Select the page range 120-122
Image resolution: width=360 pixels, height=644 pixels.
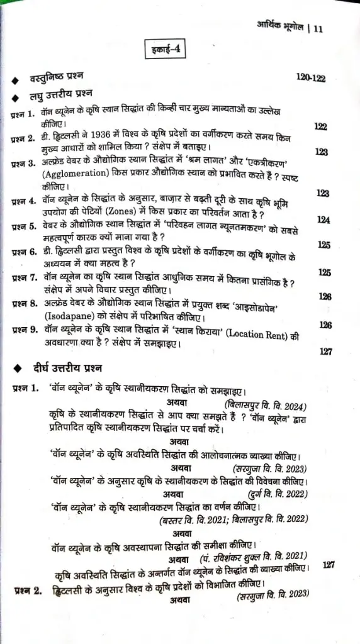(x=311, y=77)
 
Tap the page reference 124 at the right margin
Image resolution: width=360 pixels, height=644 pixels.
(x=324, y=220)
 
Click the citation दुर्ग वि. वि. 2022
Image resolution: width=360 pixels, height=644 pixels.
(x=278, y=492)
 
